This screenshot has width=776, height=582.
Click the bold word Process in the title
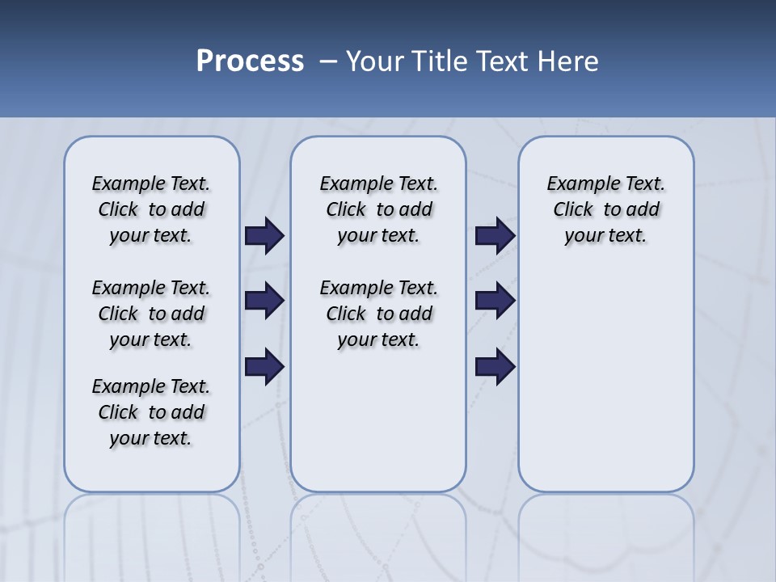click(250, 61)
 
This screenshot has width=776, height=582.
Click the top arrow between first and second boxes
click(264, 235)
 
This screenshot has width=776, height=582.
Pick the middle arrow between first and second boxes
click(264, 301)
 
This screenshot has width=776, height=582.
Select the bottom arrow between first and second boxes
click(264, 367)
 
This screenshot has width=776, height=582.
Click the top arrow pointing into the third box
click(495, 235)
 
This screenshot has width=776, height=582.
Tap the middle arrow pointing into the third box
click(495, 301)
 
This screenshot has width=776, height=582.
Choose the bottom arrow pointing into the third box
click(495, 367)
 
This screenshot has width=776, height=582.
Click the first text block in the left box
click(151, 209)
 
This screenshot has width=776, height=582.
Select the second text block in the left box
click(151, 314)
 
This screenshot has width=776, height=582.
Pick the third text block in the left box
click(151, 412)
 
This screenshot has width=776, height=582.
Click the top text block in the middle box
click(378, 209)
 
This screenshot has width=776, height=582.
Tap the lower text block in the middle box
click(378, 314)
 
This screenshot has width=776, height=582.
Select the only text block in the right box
click(606, 209)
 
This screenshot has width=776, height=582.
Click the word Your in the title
click(374, 61)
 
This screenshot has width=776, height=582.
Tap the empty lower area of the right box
click(606, 380)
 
